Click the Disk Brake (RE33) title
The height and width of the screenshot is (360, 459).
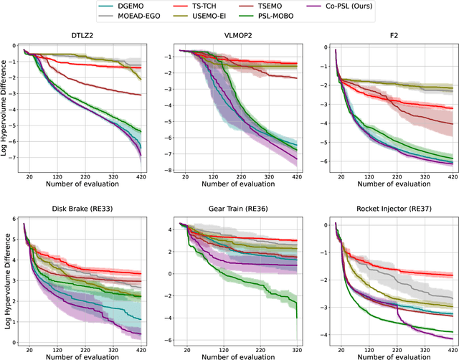click(x=80, y=214)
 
